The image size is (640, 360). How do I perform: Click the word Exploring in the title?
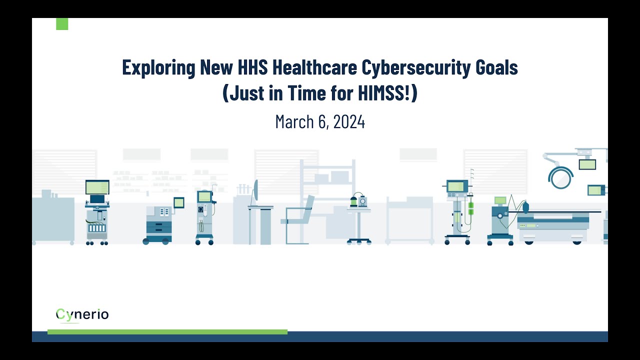click(158, 67)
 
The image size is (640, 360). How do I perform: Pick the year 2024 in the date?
click(349, 121)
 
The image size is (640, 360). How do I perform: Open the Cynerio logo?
click(82, 314)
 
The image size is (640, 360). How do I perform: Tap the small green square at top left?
click(62, 24)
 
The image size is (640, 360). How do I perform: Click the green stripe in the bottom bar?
click(167, 332)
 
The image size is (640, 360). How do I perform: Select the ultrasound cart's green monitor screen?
click(97, 187)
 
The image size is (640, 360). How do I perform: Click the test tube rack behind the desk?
click(244, 189)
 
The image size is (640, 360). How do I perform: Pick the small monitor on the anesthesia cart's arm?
click(178, 202)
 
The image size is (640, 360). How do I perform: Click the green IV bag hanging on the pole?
click(470, 205)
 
